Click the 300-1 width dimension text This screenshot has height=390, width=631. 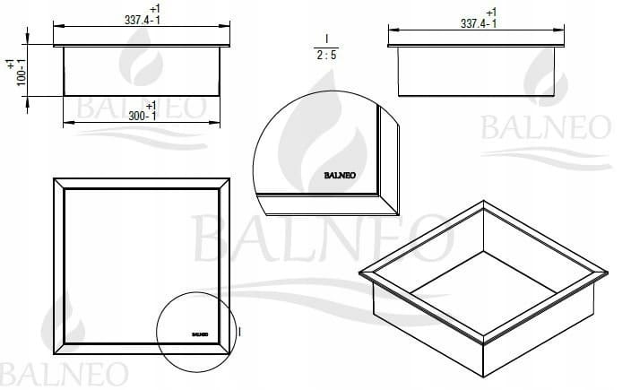(142, 116)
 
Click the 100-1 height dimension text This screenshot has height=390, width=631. (22, 73)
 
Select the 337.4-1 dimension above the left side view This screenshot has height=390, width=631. (142, 20)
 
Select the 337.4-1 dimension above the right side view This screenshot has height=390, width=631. (479, 23)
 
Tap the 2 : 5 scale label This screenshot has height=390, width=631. (326, 56)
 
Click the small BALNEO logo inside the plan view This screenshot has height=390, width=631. (200, 334)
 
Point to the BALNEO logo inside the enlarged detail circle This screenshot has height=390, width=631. (340, 176)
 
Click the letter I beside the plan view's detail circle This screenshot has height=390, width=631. (240, 332)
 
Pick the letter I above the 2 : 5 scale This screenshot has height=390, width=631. (326, 39)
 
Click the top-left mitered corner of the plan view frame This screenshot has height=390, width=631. (59, 184)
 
